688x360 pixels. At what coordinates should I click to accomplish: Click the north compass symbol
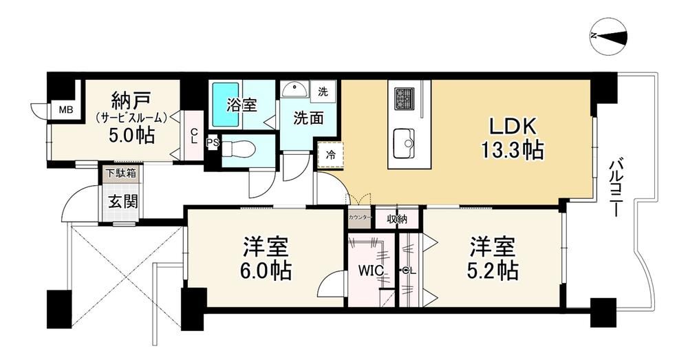click(609, 36)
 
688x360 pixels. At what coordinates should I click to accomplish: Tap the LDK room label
click(513, 127)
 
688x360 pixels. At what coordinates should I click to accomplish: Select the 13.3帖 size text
click(513, 150)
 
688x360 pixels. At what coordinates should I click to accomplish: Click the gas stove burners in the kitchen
click(404, 98)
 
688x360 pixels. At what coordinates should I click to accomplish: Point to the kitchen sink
click(404, 143)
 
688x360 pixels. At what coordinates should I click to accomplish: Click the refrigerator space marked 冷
click(330, 155)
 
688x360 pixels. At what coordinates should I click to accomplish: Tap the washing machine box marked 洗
click(323, 92)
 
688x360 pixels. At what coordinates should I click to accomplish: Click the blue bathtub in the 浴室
click(226, 105)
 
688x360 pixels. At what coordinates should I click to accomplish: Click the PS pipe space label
click(213, 142)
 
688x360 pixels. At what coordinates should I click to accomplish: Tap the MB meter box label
click(66, 109)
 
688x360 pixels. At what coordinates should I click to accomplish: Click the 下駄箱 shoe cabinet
click(120, 173)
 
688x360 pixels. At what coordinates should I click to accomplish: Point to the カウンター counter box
click(361, 218)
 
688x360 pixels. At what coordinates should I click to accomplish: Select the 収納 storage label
click(397, 219)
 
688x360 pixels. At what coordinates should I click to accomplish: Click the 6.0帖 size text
click(266, 271)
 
